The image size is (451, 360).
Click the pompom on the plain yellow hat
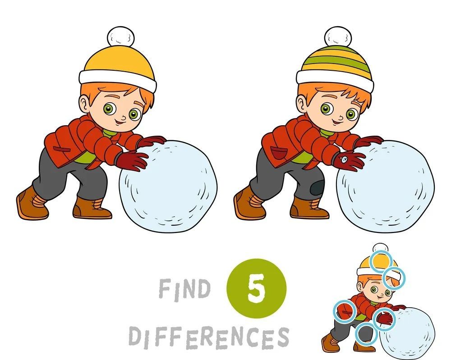[120, 36]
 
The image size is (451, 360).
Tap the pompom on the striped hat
[338, 36]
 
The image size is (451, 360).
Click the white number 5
[256, 288]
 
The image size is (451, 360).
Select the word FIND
[184, 289]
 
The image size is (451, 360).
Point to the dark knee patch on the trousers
[317, 187]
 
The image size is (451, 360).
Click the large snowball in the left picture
[168, 186]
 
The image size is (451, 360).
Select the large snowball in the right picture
[386, 186]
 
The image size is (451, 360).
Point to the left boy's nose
[123, 117]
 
